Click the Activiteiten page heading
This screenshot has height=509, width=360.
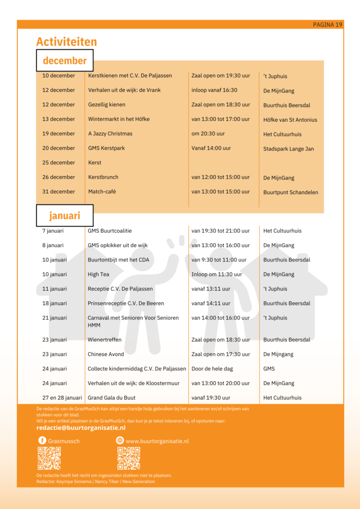[67, 42]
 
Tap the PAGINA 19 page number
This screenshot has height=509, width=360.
[328, 25]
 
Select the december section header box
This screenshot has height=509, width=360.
[65, 61]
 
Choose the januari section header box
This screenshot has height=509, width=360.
[65, 216]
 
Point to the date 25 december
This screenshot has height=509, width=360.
[59, 163]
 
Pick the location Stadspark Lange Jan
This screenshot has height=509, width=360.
[288, 149]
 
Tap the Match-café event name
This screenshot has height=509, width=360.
[102, 192]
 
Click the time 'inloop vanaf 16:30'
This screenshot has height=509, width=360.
[214, 90]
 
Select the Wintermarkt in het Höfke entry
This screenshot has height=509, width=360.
[119, 119]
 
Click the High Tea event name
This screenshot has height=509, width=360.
[98, 274]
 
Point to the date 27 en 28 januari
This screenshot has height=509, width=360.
[62, 398]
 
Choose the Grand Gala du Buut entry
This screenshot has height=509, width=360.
[111, 398]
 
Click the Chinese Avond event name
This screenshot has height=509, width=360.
[106, 354]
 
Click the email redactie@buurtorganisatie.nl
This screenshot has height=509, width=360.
[81, 428]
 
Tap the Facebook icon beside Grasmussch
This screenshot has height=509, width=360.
[42, 440]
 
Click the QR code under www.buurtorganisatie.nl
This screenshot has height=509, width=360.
[128, 458]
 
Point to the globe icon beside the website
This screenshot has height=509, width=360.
[120, 440]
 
